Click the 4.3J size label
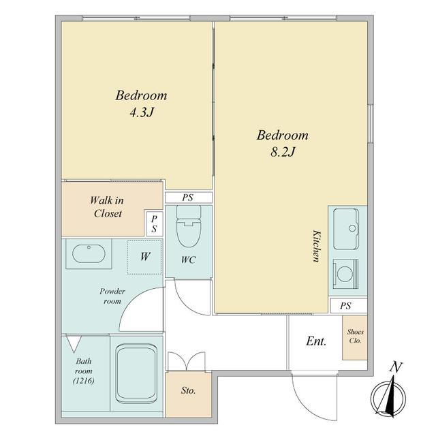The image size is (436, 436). point(142,112)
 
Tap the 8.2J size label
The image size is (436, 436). point(283,152)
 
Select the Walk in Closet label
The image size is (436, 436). point(107,207)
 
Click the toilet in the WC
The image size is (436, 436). point(189,226)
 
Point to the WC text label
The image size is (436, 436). point(189,260)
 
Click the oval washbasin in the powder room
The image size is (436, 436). point(89,253)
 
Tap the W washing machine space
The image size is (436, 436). point(144,257)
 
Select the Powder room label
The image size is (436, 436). point(112,296)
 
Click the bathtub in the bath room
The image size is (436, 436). point(136,374)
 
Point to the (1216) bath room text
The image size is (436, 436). point(84,381)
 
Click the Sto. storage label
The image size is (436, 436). point(188,390)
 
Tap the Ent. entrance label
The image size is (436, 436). point(316,341)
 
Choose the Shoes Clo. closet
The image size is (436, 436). point(355,338)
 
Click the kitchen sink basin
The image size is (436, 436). point(346,229)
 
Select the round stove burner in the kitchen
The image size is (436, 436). point(345,273)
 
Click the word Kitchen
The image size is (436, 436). point(316,246)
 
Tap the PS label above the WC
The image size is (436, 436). point(188,198)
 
